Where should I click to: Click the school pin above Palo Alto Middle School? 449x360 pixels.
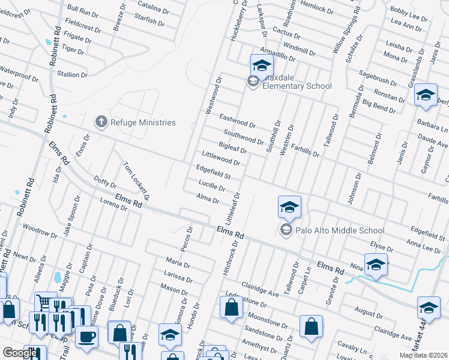[x=289, y=208]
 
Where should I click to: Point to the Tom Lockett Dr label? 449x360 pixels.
[x=136, y=181]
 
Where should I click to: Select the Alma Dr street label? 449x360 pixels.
[x=208, y=199]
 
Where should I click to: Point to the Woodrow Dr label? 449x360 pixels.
[x=39, y=229]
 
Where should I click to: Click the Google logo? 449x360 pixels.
[x=20, y=353]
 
